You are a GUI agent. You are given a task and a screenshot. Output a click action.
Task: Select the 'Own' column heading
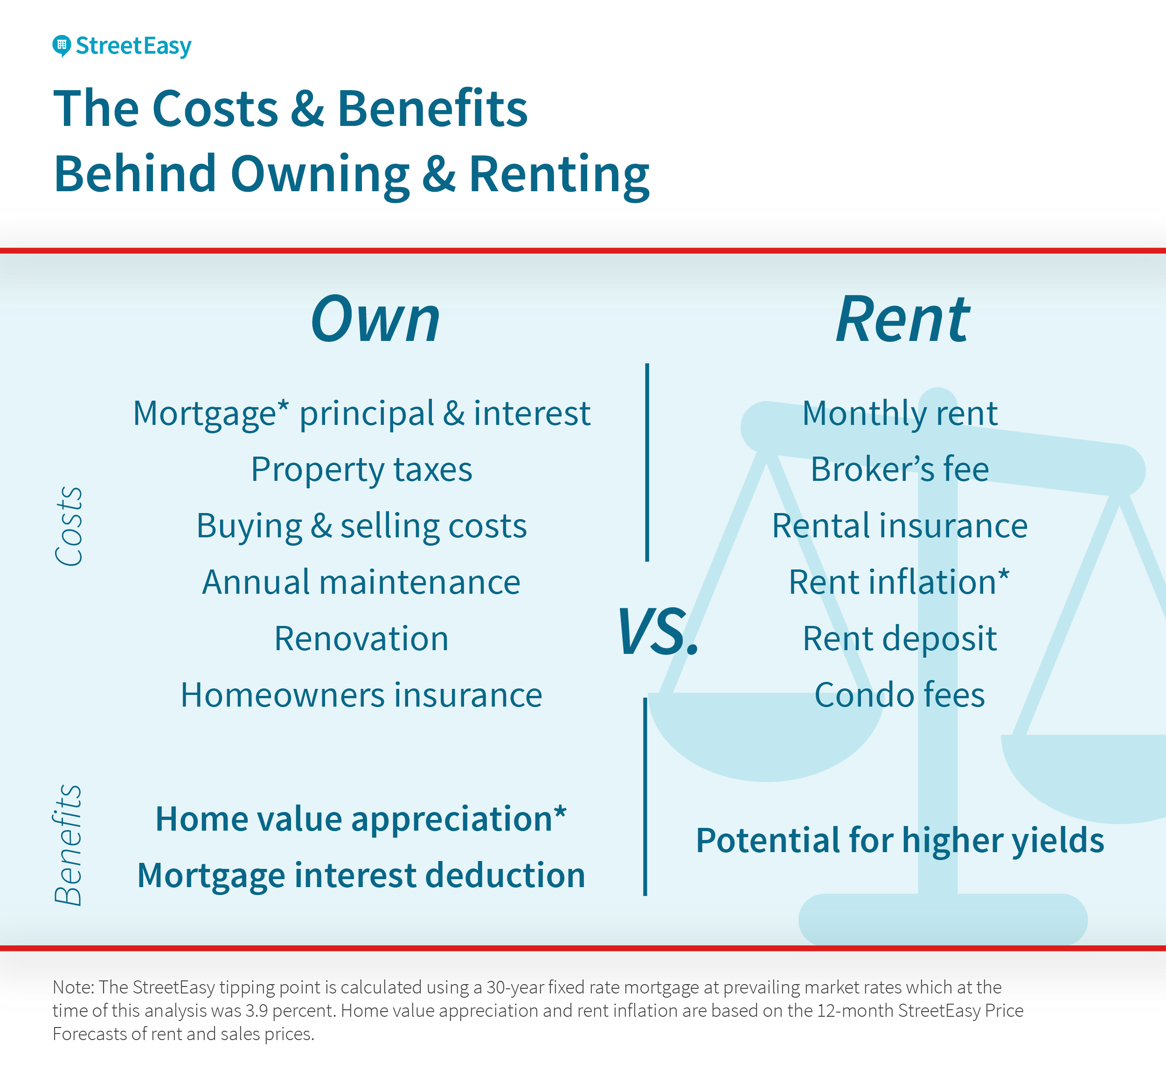[375, 319]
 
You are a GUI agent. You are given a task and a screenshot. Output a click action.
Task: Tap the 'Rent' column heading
[903, 319]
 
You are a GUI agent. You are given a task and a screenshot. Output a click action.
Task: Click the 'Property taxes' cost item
[361, 469]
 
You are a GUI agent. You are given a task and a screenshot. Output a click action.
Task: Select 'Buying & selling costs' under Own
[361, 526]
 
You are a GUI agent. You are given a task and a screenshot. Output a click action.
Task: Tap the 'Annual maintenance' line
[361, 582]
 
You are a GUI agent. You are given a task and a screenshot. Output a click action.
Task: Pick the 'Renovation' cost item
[361, 639]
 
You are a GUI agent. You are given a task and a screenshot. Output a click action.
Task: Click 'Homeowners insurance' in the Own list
[361, 695]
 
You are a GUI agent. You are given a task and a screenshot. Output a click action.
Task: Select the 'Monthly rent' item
[900, 414]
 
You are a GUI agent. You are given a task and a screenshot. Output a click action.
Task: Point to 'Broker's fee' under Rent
[900, 469]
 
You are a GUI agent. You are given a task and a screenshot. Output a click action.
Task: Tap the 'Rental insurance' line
[900, 526]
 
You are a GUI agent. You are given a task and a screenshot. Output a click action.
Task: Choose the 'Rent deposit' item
[900, 639]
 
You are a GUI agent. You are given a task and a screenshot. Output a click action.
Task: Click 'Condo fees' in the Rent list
[900, 695]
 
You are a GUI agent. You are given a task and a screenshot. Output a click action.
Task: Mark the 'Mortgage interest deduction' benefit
[361, 875]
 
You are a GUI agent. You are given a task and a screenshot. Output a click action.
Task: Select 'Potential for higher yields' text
[900, 840]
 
